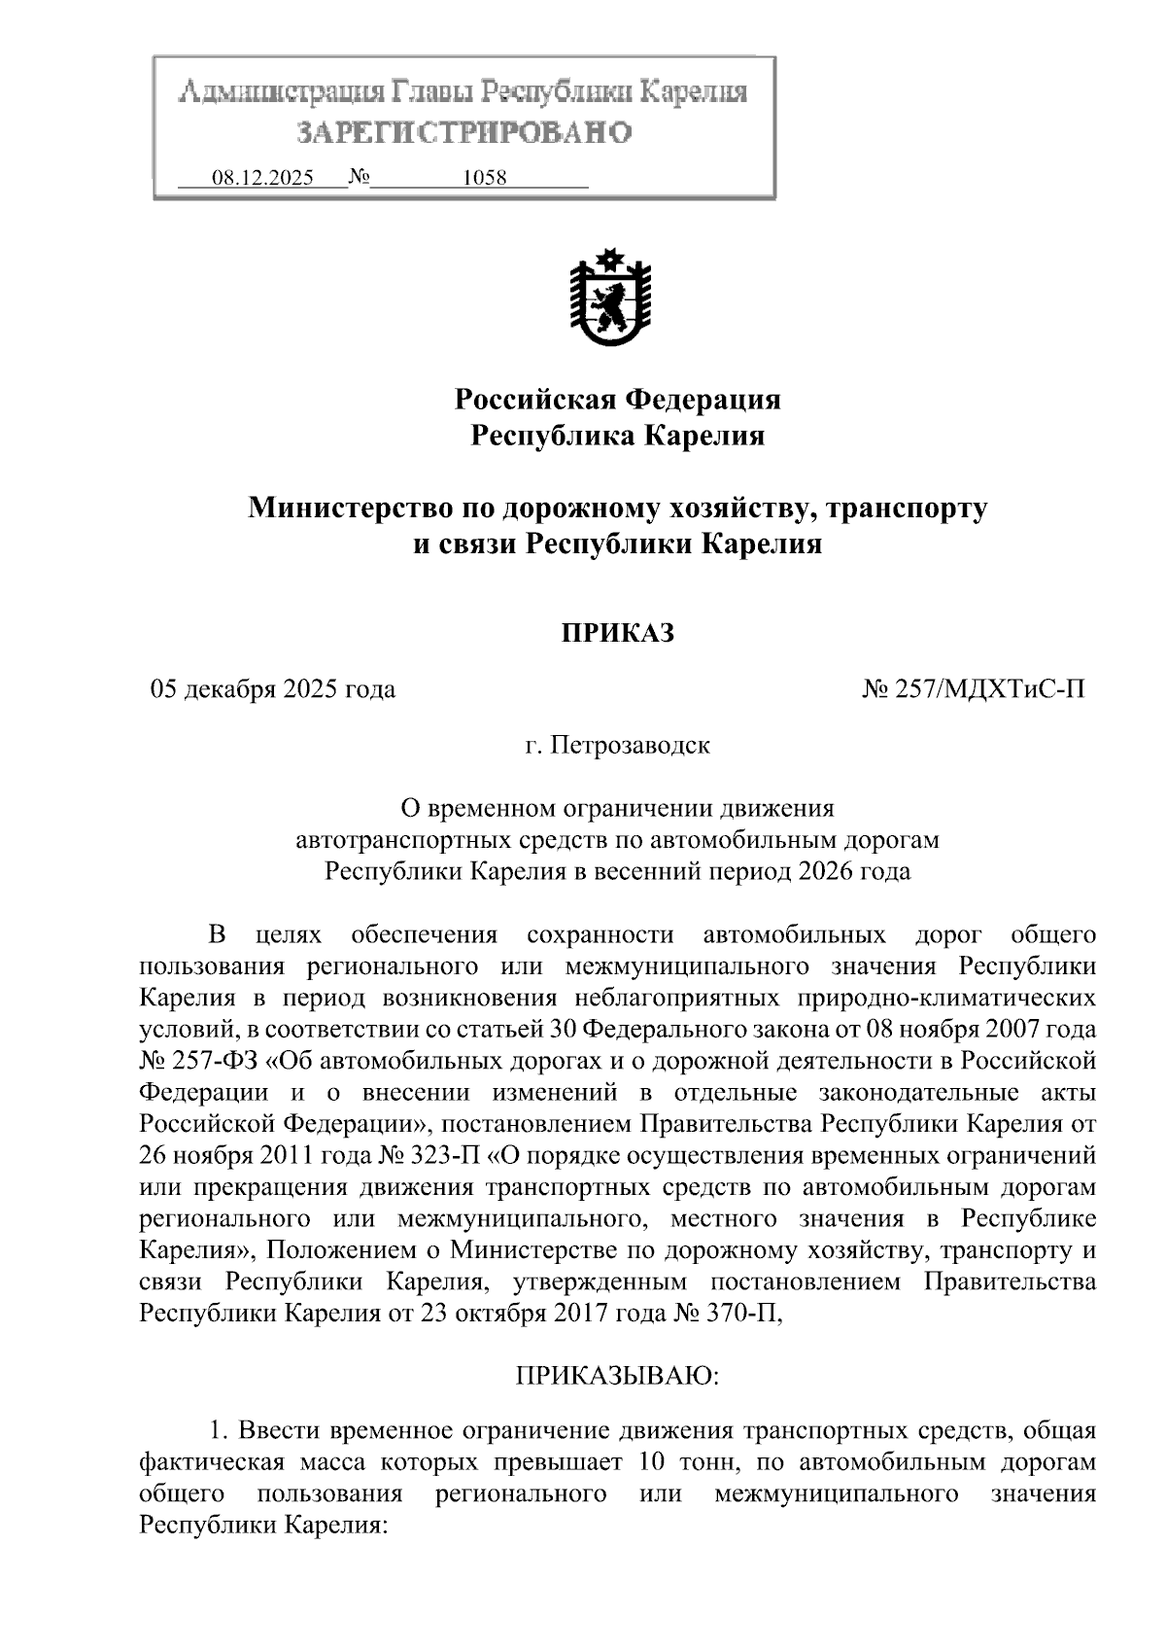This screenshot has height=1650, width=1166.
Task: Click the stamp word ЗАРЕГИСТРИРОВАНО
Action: point(463,131)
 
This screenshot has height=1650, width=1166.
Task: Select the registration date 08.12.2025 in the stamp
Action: point(262,178)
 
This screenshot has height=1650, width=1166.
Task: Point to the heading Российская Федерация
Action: point(618,399)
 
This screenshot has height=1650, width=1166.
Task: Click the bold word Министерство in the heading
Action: point(342,508)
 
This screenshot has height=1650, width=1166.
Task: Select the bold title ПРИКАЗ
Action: point(617,633)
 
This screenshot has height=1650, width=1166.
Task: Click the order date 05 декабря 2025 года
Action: point(272,689)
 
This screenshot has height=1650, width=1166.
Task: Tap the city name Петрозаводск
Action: point(631,746)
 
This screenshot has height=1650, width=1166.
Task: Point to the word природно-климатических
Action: point(946,999)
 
